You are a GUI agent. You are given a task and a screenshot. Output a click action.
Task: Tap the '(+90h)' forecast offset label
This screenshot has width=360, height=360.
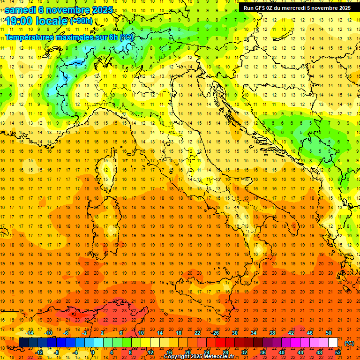click(81, 21)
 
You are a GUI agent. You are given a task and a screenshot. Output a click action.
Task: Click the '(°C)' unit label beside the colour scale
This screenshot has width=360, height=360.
click(349, 343)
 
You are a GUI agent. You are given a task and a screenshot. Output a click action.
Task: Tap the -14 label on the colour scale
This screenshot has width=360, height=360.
click(30, 333)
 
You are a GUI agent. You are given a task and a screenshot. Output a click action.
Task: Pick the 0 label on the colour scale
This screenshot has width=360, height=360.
click(93, 352)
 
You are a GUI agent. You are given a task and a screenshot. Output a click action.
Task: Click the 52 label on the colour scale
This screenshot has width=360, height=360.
click(337, 352)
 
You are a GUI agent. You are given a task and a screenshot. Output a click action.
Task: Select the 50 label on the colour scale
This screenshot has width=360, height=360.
click(329, 333)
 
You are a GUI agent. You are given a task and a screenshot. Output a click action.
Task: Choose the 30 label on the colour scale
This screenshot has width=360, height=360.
click(235, 333)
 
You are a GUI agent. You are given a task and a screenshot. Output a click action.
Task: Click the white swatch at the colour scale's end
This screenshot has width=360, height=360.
click(333, 342)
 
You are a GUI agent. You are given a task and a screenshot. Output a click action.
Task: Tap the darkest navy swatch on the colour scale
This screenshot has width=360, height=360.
click(23, 342)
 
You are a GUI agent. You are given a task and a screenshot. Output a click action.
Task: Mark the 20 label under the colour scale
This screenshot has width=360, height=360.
click(187, 352)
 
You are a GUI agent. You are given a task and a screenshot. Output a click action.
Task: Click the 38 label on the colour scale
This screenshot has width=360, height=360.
click(272, 333)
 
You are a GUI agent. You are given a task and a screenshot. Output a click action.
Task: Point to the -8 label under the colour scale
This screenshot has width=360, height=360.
click(57, 352)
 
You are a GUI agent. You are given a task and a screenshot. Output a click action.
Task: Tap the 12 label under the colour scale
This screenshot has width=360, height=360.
click(150, 352)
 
